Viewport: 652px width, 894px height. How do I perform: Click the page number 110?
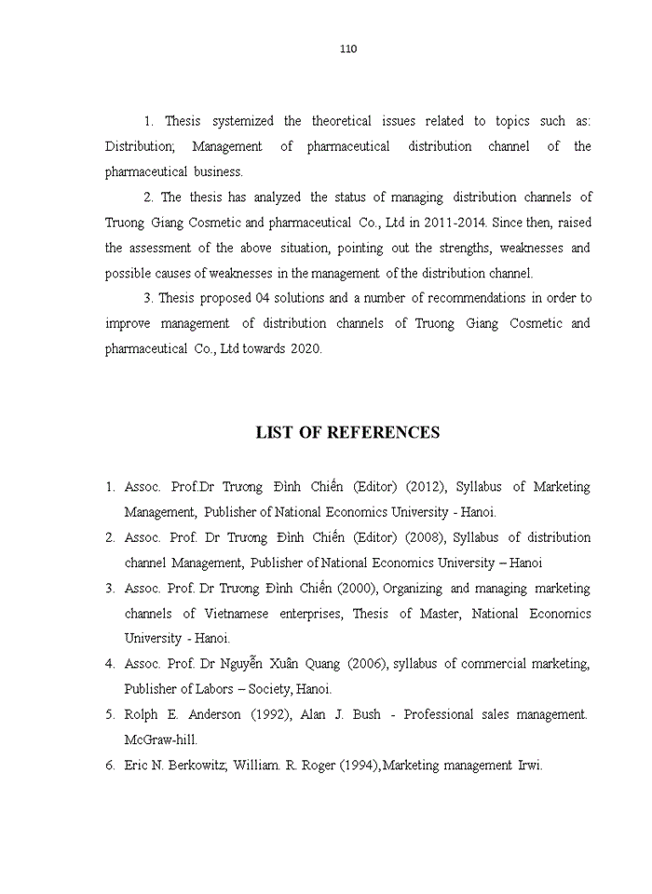click(x=348, y=49)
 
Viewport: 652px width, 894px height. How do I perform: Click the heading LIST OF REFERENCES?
click(x=347, y=433)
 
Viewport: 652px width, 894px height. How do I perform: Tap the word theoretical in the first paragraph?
click(x=341, y=121)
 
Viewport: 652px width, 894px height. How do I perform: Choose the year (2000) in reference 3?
click(x=354, y=589)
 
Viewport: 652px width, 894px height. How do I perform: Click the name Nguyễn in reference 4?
click(x=246, y=664)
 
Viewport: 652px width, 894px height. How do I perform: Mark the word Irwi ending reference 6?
click(x=529, y=765)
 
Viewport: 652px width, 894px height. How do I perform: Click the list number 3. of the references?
click(x=110, y=589)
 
